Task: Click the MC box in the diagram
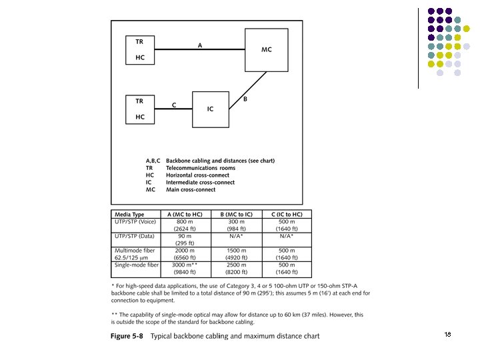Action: click(x=266, y=50)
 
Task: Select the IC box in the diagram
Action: click(x=209, y=109)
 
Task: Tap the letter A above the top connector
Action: click(x=199, y=45)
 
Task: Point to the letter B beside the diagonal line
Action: click(x=245, y=99)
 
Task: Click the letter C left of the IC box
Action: click(x=174, y=105)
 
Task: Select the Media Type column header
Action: click(x=129, y=215)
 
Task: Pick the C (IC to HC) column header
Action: click(x=287, y=215)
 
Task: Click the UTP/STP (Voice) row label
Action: click(x=135, y=221)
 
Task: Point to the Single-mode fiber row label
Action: click(x=137, y=265)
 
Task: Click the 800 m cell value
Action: click(x=185, y=221)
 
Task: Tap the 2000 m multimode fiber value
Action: click(x=185, y=251)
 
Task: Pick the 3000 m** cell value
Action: click(x=186, y=265)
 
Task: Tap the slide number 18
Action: click(x=447, y=334)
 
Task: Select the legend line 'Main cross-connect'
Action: click(x=191, y=189)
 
